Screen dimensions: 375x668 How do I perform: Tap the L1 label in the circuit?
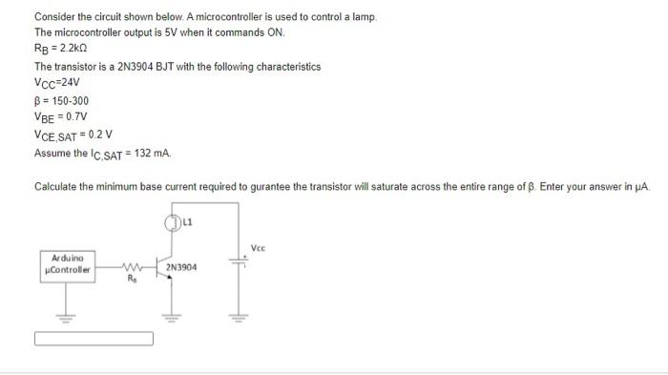click(x=187, y=223)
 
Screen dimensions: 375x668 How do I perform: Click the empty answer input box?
click(x=94, y=338)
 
